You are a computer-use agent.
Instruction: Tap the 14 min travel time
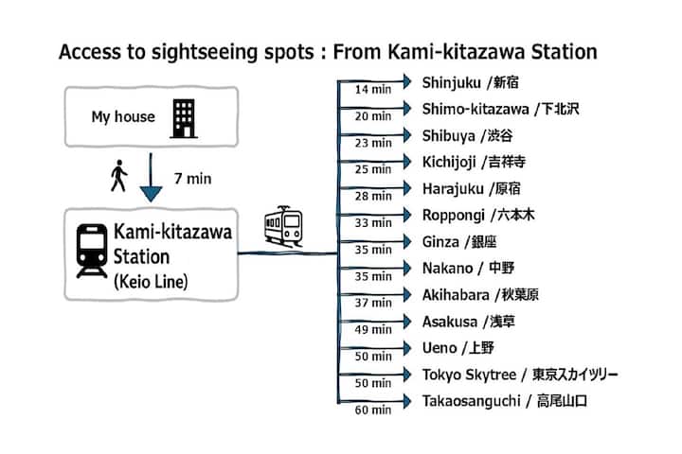coord(373,90)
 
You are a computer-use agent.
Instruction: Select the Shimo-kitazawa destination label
coord(499,109)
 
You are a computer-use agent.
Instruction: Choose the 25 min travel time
coord(373,170)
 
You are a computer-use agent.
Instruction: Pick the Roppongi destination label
coord(478,215)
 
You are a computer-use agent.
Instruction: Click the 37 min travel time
coord(373,303)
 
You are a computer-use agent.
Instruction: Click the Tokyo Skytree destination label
coord(520,375)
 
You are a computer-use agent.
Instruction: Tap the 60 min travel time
coord(373,410)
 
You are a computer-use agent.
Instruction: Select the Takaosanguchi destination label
coord(505,401)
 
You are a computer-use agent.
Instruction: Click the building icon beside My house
coord(184,117)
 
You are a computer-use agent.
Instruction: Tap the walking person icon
coord(118,177)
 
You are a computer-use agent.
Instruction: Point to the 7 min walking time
coord(193,179)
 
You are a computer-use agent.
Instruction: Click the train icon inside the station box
coord(92,251)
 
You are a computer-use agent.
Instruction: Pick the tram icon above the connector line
coord(283,225)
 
